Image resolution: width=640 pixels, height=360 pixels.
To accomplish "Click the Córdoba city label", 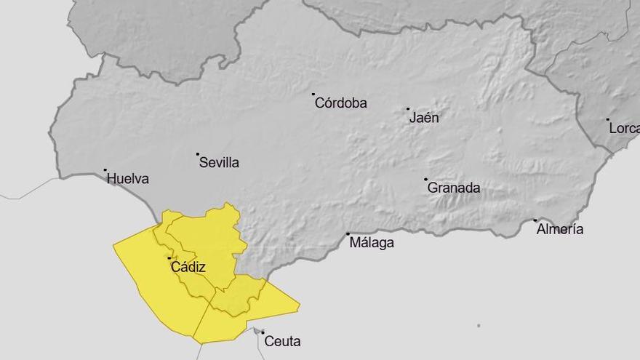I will [341, 103].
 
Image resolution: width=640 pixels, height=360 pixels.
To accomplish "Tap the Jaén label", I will [424, 117].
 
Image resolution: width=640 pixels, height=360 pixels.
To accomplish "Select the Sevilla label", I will [219, 163].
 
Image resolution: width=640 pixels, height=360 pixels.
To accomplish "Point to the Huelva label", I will [128, 178].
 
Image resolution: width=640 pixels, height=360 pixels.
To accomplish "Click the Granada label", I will [454, 188].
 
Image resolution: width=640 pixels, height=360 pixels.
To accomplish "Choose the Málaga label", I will [372, 243].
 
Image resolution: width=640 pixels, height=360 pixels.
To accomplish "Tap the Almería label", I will [560, 229].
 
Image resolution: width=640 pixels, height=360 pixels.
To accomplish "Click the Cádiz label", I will [188, 267].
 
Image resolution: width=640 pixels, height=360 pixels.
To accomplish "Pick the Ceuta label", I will [282, 341].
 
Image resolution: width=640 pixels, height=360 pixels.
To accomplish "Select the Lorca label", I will [625, 128].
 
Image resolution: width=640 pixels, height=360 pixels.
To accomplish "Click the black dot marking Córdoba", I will [313, 94].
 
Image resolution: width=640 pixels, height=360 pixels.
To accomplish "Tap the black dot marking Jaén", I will [408, 109].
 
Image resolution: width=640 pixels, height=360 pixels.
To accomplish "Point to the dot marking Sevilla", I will [198, 154].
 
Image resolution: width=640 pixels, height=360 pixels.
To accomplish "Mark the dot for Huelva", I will [105, 170].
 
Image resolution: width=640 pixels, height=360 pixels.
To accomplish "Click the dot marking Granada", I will [426, 179].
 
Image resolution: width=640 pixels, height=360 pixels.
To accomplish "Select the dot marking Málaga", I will [348, 234].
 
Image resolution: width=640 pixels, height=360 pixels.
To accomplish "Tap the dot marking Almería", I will [535, 220].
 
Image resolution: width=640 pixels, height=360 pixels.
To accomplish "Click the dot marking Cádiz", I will [169, 258].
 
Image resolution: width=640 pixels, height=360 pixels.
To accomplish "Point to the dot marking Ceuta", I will [263, 332].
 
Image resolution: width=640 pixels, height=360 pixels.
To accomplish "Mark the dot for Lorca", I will [608, 119].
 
